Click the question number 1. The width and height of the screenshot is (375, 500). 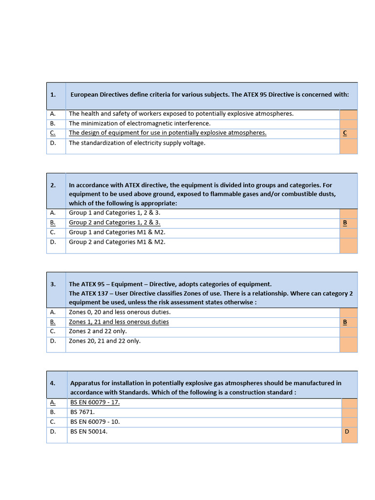tap(53, 95)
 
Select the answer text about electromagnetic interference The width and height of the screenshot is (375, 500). tap(140, 124)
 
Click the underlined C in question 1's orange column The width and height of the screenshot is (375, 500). tap(345, 133)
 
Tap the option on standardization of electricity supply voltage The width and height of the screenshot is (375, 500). tap(137, 143)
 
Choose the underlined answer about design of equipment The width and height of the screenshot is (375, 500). tap(167, 133)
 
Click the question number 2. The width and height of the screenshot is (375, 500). tap(53, 186)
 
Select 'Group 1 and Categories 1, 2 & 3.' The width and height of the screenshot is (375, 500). tap(115, 213)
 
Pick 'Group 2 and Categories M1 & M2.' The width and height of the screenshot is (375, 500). tap(117, 242)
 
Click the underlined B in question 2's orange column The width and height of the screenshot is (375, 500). tap(345, 223)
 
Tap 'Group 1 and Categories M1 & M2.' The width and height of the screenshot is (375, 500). tap(117, 232)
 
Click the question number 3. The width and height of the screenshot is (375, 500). tap(53, 284)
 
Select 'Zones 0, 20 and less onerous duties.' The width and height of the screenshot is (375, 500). tap(120, 312)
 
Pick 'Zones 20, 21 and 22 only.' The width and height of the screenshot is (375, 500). tap(104, 341)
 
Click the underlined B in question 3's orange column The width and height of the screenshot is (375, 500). tap(345, 322)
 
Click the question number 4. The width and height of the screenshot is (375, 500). tap(53, 383)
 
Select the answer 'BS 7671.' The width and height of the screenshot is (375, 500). tap(83, 412)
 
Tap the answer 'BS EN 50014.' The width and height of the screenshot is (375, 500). tap(89, 431)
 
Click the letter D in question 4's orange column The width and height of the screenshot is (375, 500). tap(347, 431)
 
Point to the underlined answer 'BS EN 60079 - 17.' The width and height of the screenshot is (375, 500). tap(95, 402)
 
